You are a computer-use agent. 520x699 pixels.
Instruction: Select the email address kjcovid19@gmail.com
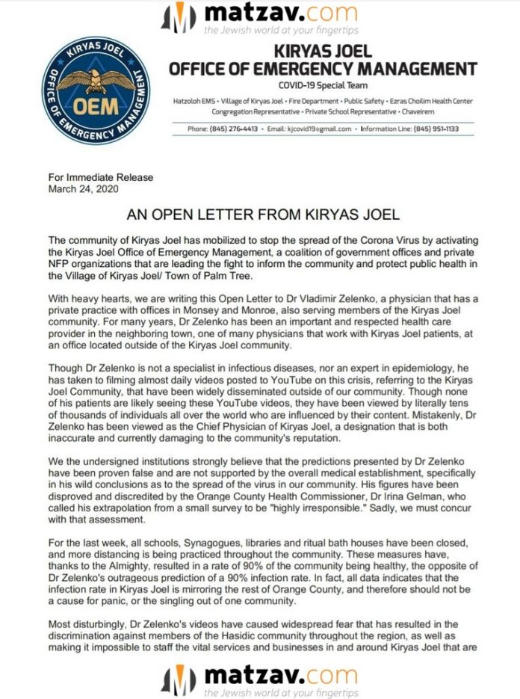coord(319,129)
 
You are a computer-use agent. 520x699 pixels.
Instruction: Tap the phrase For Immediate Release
coord(101,178)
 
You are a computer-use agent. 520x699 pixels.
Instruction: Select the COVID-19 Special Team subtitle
coord(322,86)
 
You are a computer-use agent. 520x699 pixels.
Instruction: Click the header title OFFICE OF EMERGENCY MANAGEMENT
coord(323,70)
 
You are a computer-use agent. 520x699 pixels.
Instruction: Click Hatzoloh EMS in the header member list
coord(214,99)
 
